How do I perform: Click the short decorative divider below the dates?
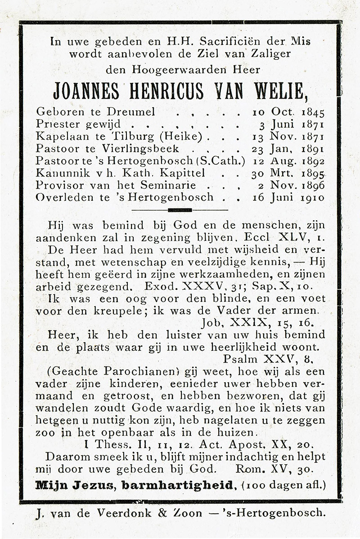[x=180, y=210]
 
